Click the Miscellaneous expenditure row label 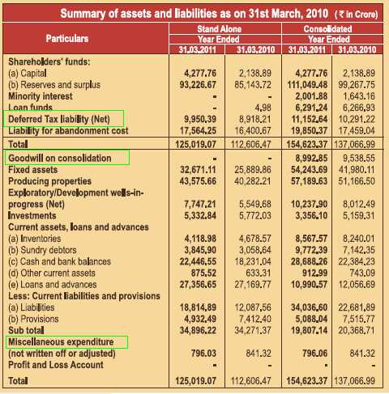pyautogui.click(x=66, y=342)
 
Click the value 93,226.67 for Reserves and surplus pyautogui.click(x=193, y=83)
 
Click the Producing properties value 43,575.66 pyautogui.click(x=193, y=181)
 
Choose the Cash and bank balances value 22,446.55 pyautogui.click(x=193, y=261)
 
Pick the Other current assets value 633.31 pyautogui.click(x=257, y=273)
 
